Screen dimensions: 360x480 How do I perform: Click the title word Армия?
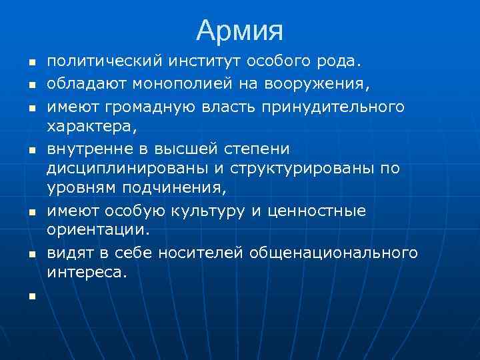click(240, 30)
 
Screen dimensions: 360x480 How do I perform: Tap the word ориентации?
click(99, 232)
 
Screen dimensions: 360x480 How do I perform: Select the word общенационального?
click(333, 253)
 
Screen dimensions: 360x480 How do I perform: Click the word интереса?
click(87, 274)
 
